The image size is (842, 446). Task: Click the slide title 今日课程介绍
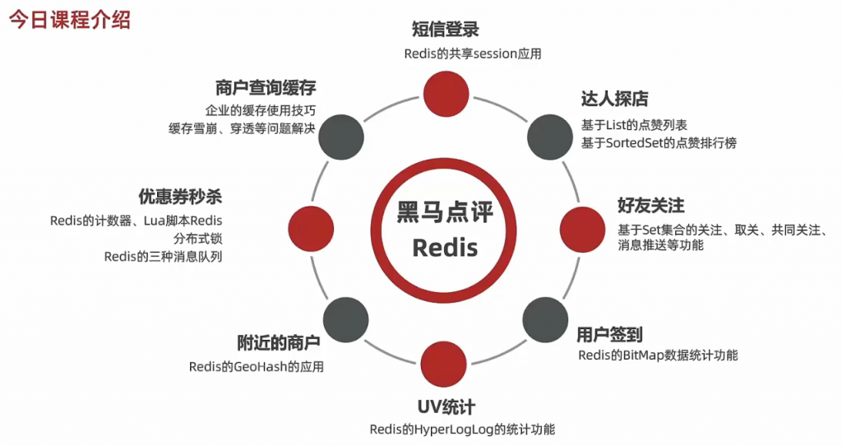click(x=70, y=20)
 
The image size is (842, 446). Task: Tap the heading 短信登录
click(x=445, y=30)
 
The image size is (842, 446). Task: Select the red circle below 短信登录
click(x=444, y=91)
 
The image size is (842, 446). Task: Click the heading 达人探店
click(x=614, y=100)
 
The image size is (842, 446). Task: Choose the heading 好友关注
click(x=650, y=205)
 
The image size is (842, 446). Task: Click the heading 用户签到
click(x=609, y=334)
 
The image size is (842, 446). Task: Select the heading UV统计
click(x=446, y=407)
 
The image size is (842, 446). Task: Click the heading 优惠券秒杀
click(x=180, y=197)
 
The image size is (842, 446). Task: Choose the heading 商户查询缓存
click(x=266, y=88)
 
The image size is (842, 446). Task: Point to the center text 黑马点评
click(x=445, y=211)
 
